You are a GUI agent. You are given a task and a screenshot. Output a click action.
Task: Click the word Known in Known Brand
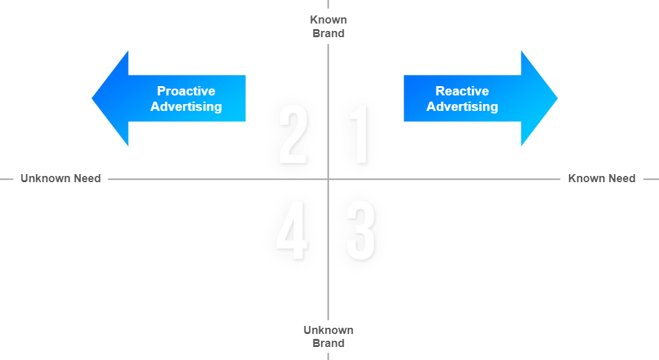(x=328, y=20)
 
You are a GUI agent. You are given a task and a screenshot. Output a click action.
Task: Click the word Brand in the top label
(x=328, y=33)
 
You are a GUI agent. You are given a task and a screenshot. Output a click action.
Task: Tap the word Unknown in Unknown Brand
(x=328, y=330)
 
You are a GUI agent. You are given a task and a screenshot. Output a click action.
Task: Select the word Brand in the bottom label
(x=328, y=343)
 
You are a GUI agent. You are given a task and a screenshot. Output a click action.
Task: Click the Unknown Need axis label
(x=61, y=178)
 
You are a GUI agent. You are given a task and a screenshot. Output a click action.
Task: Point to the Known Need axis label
(x=601, y=178)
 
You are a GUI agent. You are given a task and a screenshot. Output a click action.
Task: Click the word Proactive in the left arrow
(x=186, y=91)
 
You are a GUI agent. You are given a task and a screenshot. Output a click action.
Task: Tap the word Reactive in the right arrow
(x=462, y=91)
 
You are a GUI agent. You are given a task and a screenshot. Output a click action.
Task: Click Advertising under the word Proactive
(x=186, y=107)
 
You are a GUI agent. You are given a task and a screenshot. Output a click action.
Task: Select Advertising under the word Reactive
(x=462, y=107)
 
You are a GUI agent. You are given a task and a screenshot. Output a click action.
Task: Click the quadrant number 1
(x=360, y=135)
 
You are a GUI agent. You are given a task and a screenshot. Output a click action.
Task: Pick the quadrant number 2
(x=293, y=135)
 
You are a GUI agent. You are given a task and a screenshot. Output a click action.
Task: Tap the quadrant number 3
(x=361, y=230)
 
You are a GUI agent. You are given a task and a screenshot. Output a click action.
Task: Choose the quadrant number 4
(x=292, y=230)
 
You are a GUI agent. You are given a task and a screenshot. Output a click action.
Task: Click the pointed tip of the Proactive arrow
(x=94, y=99)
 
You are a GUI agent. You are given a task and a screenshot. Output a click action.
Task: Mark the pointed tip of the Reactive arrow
(x=556, y=99)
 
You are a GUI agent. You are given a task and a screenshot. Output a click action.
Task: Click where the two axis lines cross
(x=328, y=179)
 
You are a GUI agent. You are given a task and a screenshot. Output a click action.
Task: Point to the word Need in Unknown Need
(x=87, y=178)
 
